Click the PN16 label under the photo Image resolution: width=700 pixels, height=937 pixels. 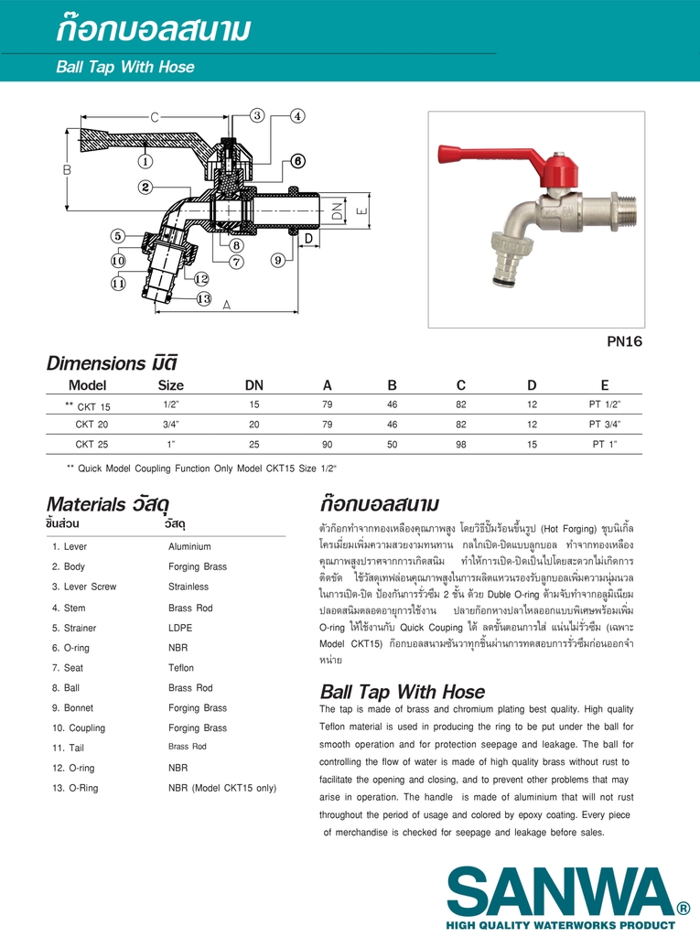625,341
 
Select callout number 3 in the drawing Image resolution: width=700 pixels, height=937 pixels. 257,115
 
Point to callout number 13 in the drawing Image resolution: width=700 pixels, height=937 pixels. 203,298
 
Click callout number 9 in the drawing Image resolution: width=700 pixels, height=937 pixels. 277,261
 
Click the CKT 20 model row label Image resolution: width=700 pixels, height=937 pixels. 92,425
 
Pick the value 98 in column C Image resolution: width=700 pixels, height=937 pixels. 461,445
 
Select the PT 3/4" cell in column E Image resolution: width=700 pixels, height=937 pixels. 605,425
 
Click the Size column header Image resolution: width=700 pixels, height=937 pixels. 170,385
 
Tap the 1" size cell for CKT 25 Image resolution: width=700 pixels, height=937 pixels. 170,445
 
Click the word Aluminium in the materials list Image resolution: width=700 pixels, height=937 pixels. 189,546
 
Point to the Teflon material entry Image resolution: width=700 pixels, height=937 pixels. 181,668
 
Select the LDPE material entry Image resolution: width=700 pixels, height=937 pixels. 180,628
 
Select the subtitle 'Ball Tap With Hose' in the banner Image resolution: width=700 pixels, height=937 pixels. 125,67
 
